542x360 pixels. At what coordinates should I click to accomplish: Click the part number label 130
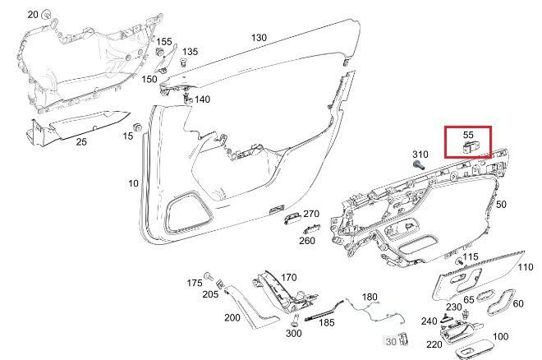[259, 37]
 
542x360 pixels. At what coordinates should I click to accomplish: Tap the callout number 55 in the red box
[468, 135]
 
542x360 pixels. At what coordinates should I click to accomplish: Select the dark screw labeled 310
[420, 165]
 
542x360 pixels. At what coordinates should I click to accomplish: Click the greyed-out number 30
[391, 342]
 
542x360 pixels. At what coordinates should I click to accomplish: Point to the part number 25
[81, 142]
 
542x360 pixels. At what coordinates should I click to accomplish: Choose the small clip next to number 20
[46, 15]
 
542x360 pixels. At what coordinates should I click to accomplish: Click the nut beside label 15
[137, 127]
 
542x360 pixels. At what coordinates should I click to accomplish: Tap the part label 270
[311, 214]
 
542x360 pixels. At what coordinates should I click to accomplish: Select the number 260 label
[307, 240]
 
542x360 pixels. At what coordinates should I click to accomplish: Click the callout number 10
[133, 183]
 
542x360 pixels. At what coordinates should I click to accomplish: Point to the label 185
[326, 323]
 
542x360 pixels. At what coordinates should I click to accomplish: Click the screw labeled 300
[295, 320]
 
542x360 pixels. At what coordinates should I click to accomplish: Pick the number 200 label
[232, 317]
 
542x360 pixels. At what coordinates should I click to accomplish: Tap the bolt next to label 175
[208, 275]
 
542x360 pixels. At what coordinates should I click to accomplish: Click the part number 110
[526, 267]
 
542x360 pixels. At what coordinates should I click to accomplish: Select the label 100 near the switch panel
[500, 336]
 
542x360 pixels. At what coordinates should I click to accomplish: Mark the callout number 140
[202, 99]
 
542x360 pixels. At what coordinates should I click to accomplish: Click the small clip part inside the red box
[469, 147]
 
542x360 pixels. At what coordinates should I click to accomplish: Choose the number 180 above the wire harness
[370, 297]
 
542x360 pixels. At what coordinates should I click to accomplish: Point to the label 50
[501, 205]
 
